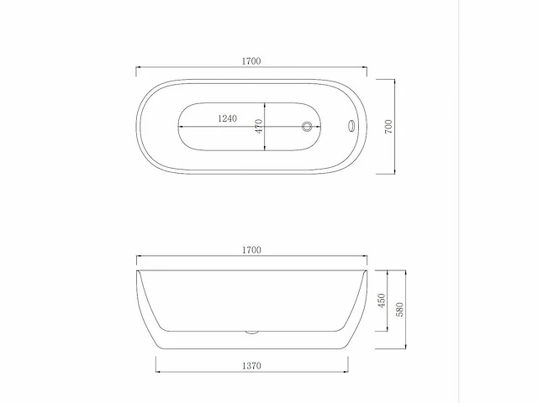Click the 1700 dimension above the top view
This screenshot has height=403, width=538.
click(251, 61)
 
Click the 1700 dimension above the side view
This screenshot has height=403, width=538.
click(252, 250)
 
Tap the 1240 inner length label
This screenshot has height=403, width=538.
click(228, 118)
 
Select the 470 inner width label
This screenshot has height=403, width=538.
click(259, 126)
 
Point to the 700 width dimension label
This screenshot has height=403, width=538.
click(388, 127)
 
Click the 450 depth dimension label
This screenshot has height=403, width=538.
click(381, 301)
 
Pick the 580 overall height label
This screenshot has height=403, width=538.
click(400, 310)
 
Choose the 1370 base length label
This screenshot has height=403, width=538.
click(252, 366)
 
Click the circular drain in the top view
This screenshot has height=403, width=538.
click(307, 127)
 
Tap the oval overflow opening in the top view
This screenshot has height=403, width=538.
click(351, 125)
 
